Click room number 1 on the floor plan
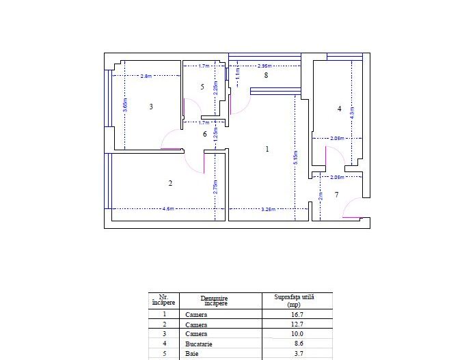pos(267,149)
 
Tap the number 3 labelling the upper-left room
pos(151,107)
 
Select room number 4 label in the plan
pos(339,109)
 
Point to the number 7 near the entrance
pos(336,195)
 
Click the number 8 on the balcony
pos(266,75)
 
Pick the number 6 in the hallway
pos(204,135)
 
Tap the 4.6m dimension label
pos(168,208)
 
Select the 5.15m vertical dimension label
pos(295,158)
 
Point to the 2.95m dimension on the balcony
pos(264,66)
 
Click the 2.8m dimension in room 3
pos(146,76)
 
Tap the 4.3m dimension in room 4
pos(352,113)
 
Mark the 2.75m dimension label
pos(215,189)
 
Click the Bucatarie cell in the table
pos(199,344)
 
